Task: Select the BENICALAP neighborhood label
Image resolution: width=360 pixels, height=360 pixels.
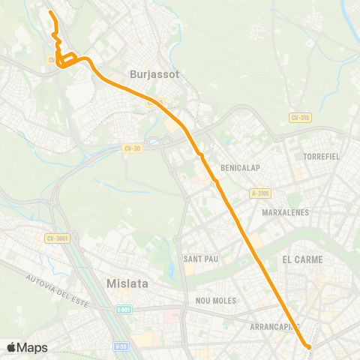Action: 241,168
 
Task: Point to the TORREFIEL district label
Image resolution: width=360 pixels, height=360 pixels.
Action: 322,157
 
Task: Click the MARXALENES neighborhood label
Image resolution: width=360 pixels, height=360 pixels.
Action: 285,212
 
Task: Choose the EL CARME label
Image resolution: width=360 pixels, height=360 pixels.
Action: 303,259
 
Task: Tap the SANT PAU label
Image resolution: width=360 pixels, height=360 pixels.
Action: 201,259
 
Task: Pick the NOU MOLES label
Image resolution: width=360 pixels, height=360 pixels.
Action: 215,301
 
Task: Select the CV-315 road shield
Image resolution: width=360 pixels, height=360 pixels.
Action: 301,118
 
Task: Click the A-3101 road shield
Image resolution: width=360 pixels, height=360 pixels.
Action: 260,193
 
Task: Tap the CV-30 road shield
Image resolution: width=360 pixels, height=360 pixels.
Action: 132,148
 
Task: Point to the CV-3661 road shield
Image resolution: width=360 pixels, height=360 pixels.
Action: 57,238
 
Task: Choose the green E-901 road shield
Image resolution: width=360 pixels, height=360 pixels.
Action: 124,309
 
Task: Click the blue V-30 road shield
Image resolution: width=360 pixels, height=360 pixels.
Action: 121,346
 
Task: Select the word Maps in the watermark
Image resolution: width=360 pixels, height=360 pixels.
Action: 32,347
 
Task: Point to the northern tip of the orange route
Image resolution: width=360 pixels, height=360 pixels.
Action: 50,13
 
